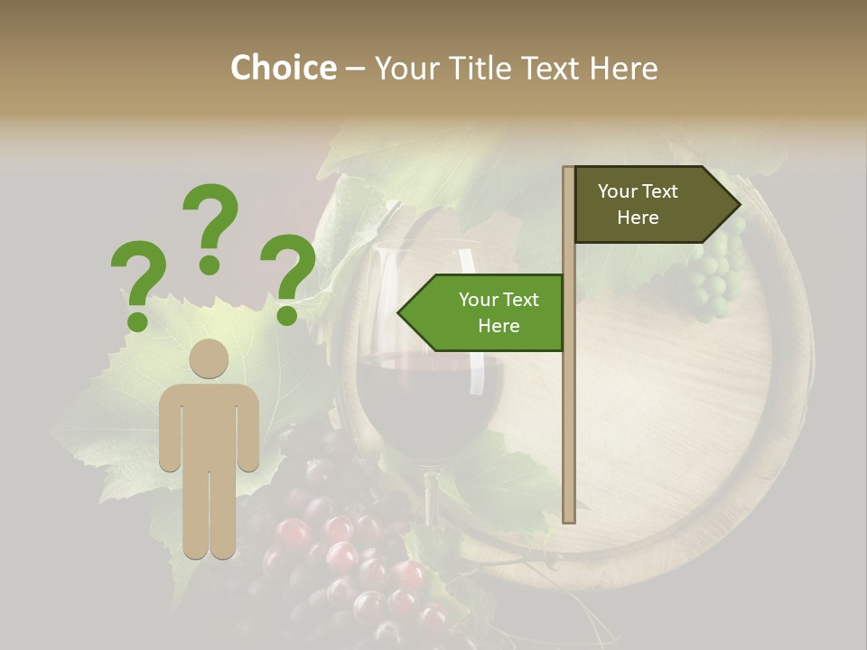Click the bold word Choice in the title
pos(283,68)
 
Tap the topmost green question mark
pos(210,227)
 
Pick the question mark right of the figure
pos(288,277)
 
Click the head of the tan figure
pos(209,358)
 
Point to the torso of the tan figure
pos(209,424)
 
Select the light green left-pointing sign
pos(488,312)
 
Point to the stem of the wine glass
pos(431,497)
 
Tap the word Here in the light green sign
pos(499,326)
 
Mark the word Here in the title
pos(623,68)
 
